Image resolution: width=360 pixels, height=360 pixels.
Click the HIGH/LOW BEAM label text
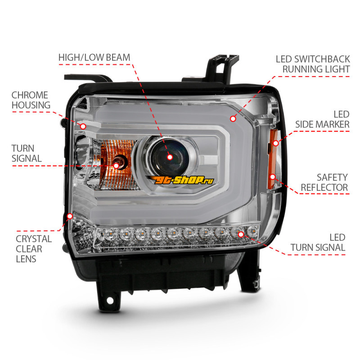tap(94, 58)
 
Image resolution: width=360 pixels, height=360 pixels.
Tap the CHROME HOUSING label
tap(31, 100)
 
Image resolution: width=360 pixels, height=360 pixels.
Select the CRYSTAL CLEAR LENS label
tap(34, 249)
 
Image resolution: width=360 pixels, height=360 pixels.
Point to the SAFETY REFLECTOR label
tap(324, 182)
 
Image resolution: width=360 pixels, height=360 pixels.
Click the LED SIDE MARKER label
tap(322, 119)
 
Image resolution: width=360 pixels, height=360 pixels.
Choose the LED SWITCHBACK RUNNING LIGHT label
tap(313, 64)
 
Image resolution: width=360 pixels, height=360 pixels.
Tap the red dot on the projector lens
tap(170, 157)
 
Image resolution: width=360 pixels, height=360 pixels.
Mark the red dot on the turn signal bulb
tap(117, 166)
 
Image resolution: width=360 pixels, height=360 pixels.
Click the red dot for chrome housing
tap(83, 126)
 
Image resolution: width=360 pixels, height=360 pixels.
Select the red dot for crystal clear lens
tap(70, 216)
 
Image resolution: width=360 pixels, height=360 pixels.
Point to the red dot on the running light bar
tap(233, 119)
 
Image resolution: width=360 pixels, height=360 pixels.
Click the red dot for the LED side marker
tap(276, 143)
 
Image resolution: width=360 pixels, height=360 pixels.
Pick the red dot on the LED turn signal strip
tap(241, 234)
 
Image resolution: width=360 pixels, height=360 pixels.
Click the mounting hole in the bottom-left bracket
tap(110, 301)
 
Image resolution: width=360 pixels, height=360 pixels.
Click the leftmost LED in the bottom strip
tap(102, 234)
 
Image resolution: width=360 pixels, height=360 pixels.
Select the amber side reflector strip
tap(273, 159)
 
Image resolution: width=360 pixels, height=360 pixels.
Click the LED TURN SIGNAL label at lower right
tap(318, 243)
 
